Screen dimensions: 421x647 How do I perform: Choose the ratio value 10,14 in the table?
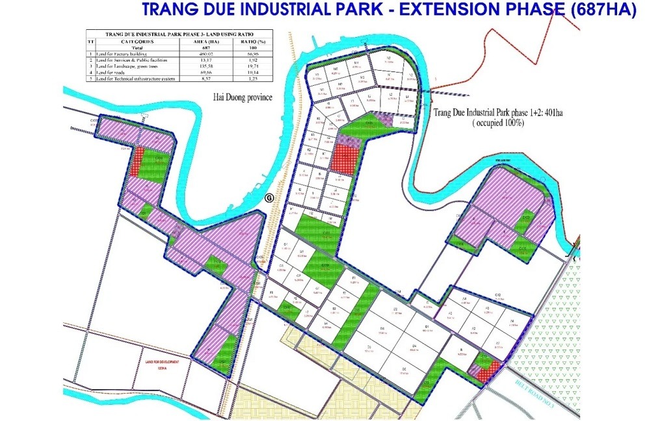pyautogui.click(x=252, y=72)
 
